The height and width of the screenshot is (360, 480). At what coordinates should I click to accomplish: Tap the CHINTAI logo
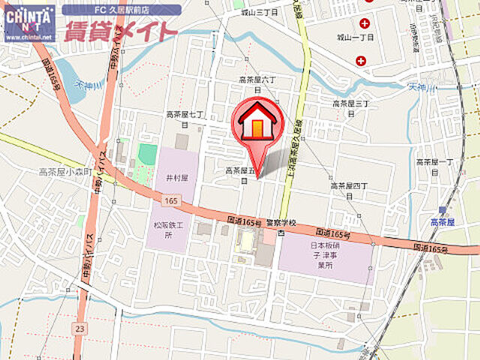29,22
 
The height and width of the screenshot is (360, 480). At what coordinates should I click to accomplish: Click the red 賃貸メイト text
121,31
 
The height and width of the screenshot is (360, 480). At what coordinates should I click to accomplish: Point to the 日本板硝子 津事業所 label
325,254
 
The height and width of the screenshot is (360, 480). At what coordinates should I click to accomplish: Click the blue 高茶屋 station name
443,221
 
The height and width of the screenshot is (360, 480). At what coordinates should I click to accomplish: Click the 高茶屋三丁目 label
350,106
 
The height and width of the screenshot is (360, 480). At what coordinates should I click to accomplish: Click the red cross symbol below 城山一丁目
361,60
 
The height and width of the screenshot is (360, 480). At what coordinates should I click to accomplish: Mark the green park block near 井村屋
148,153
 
